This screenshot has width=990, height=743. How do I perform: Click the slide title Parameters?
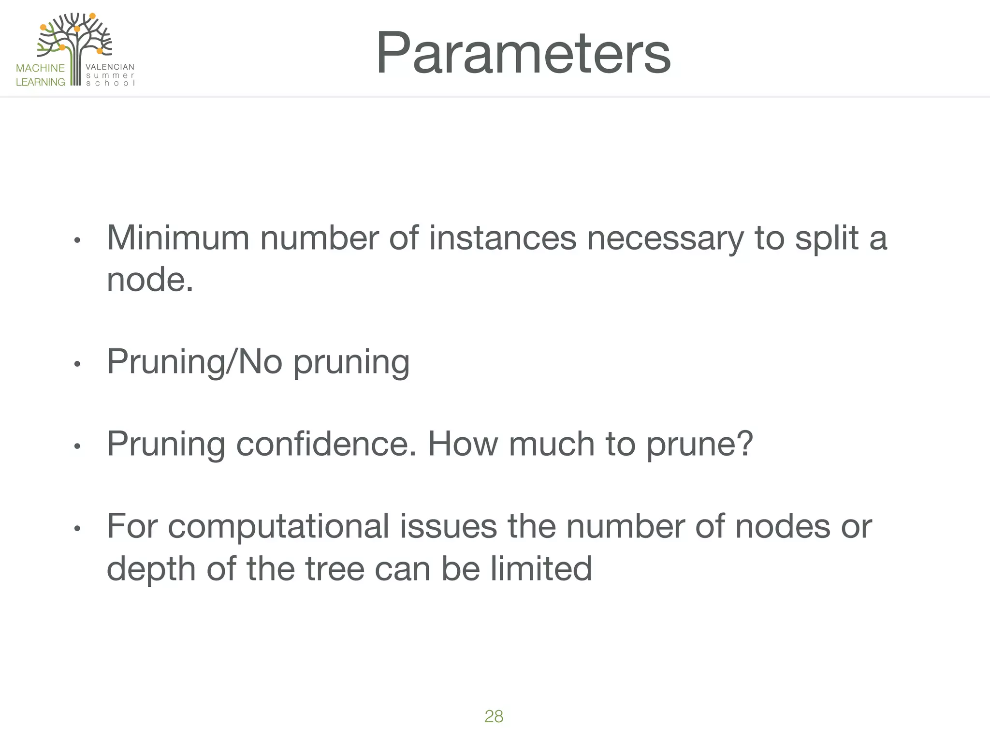(523, 53)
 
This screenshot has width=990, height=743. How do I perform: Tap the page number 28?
(494, 716)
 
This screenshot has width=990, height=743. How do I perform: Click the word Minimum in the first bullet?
(178, 238)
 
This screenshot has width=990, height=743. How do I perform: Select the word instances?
(503, 238)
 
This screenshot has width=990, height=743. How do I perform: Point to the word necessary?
(665, 239)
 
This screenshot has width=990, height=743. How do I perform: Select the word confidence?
(326, 444)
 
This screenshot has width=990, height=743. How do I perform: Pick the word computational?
(278, 526)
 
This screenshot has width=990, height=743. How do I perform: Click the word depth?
(151, 568)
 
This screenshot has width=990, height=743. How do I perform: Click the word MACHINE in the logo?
(40, 68)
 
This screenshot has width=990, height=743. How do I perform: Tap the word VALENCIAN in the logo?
(110, 67)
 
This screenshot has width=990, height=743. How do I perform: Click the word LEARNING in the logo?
(40, 82)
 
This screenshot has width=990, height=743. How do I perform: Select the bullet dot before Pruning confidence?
(76, 446)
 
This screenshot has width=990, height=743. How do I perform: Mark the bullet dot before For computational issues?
(76, 528)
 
